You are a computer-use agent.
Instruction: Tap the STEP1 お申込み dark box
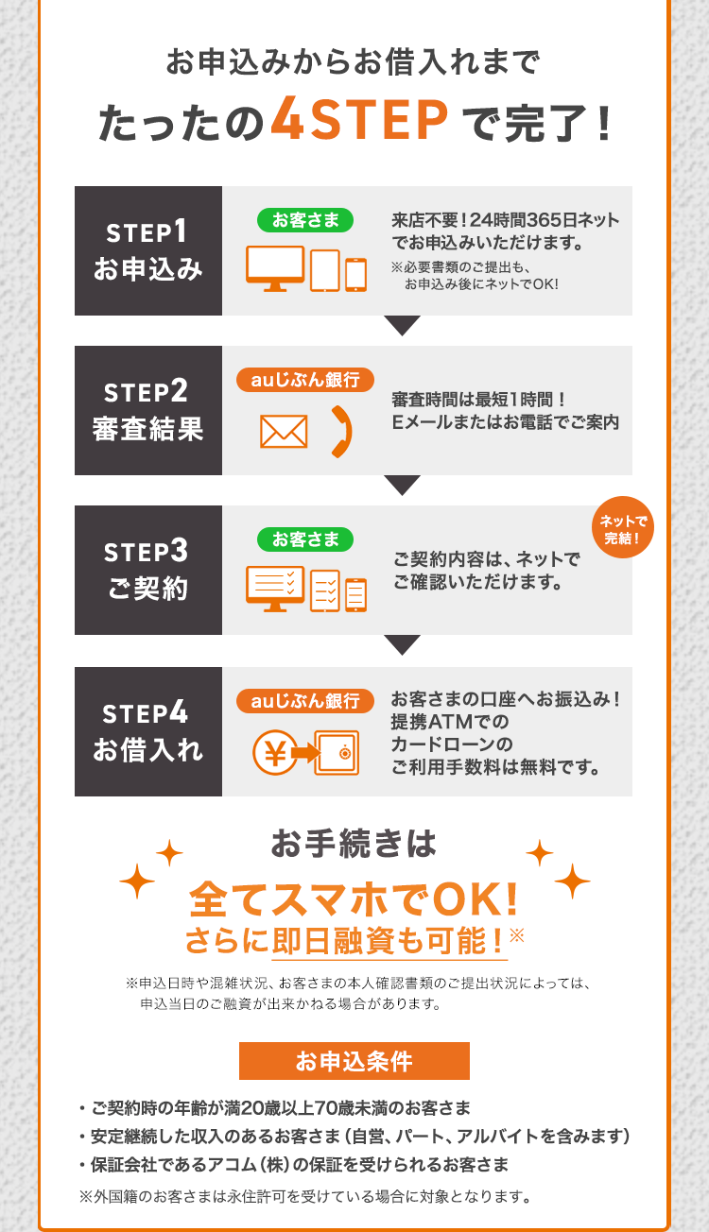[x=148, y=250]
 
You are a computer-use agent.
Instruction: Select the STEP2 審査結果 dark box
[x=148, y=411]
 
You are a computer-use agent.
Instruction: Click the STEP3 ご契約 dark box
[x=148, y=570]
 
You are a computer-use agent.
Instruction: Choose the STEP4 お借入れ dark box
[x=148, y=731]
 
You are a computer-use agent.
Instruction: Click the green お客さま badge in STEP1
[x=305, y=221]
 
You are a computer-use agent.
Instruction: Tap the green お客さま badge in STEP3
[x=305, y=539]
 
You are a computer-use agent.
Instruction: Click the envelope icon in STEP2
[x=284, y=432]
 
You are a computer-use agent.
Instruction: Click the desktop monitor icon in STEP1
[x=275, y=268]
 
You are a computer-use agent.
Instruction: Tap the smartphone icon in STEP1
[x=355, y=274]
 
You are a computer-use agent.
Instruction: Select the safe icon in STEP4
[x=337, y=753]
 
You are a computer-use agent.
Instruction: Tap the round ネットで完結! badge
[x=623, y=528]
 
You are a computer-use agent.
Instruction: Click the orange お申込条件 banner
[x=354, y=1061]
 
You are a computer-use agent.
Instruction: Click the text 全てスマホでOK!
[x=354, y=898]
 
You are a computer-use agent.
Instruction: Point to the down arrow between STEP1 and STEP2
[x=403, y=326]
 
